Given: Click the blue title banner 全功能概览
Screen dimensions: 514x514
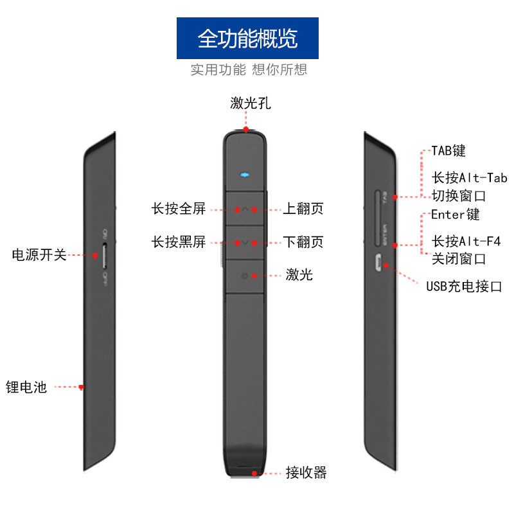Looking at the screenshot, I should coord(247,39).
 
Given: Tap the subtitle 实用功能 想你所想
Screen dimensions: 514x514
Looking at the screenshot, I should coord(249,69).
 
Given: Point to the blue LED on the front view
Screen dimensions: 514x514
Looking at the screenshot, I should coord(245,174).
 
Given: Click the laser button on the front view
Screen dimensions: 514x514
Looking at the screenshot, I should coord(245,276).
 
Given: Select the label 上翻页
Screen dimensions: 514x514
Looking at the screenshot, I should coord(303,209).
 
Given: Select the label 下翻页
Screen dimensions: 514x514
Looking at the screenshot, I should coord(303,242).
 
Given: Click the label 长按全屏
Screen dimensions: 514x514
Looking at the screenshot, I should coord(179,209).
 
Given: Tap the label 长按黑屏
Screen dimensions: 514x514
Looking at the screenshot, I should coord(179,242).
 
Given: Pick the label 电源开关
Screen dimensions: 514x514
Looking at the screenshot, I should coord(39,255).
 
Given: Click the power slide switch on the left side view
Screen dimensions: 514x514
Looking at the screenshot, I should coord(105,255).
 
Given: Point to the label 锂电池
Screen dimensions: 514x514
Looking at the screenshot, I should coord(27,387).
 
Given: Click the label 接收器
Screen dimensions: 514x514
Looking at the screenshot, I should coord(306,474).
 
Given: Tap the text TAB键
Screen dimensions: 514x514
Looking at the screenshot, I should coord(448,152).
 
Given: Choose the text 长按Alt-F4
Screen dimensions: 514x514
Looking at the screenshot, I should coord(466,242).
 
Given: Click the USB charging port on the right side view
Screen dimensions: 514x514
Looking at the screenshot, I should coord(379,262).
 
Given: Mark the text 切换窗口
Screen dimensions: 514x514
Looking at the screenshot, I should coord(458,195).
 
